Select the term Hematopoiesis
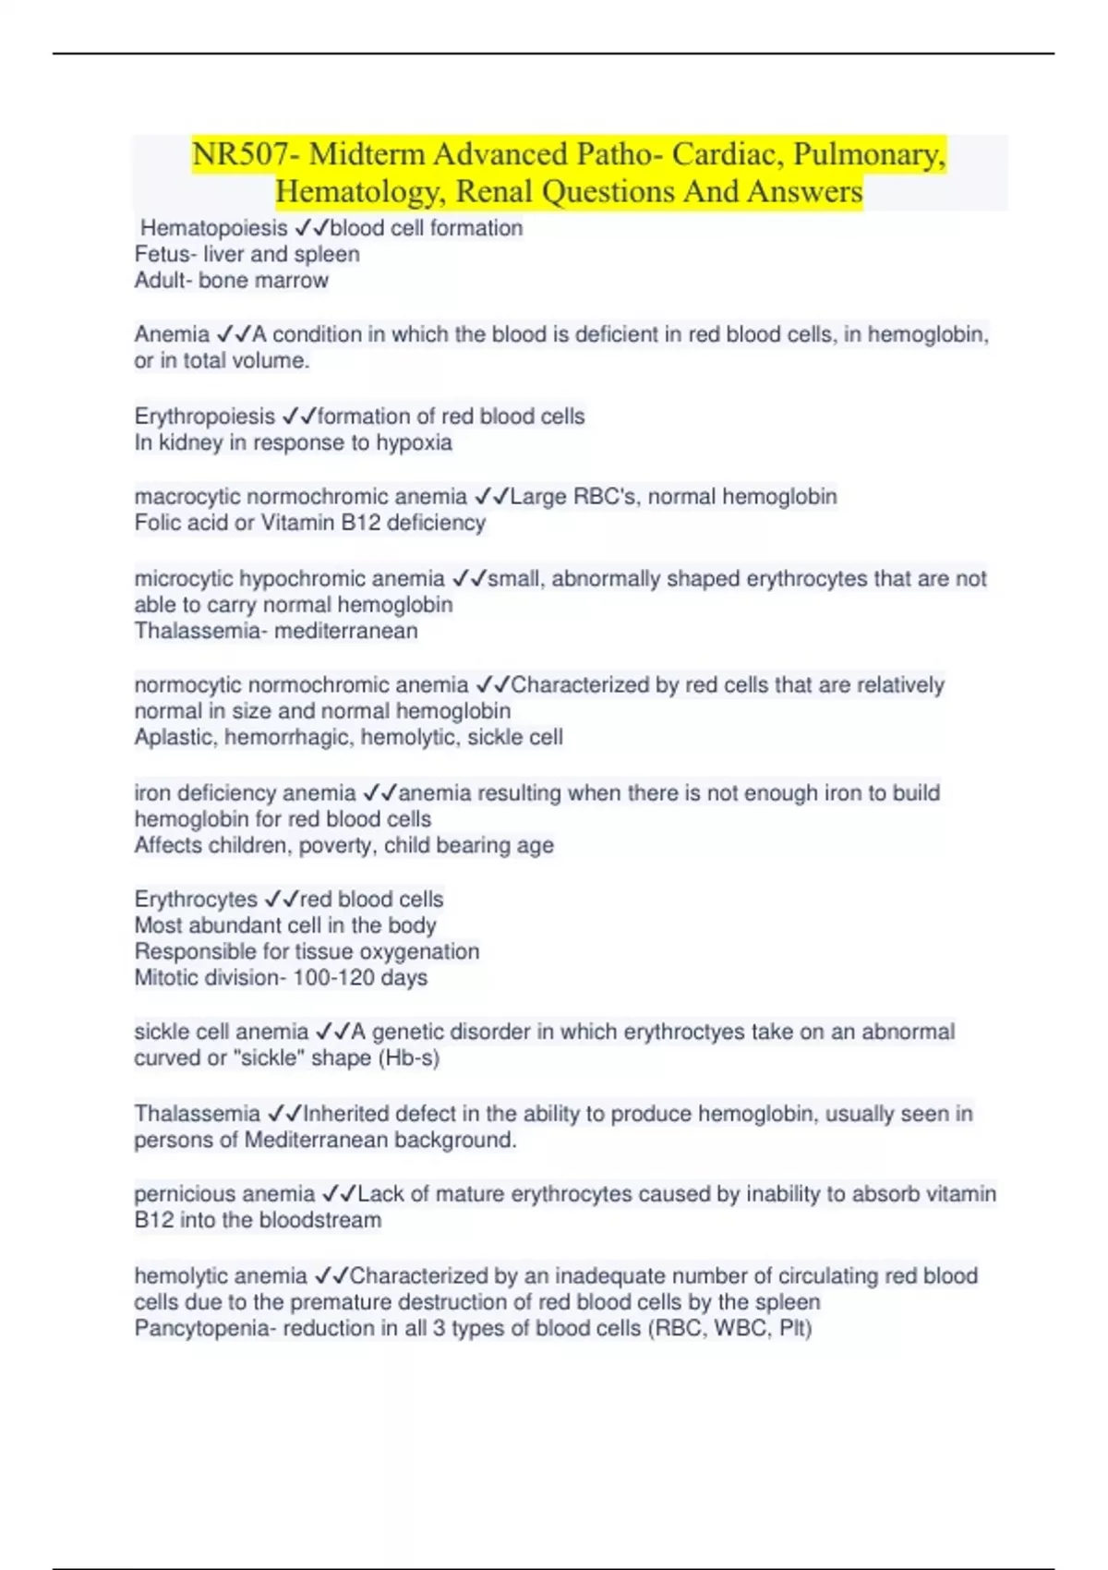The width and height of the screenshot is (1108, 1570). pyautogui.click(x=214, y=228)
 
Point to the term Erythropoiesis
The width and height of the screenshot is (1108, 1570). pyautogui.click(x=205, y=417)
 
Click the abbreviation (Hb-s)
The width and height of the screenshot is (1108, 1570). pyautogui.click(x=409, y=1057)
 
